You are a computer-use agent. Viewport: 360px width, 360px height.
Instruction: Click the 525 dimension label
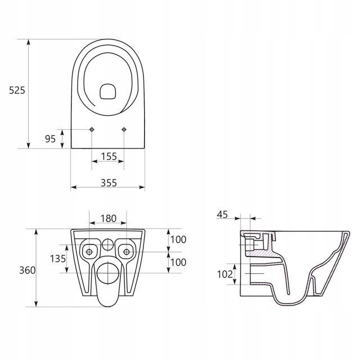click(17, 91)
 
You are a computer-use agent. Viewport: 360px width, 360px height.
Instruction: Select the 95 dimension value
click(50, 139)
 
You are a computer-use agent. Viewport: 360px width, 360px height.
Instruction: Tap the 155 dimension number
click(109, 156)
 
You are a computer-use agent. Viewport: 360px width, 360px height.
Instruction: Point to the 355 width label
click(109, 183)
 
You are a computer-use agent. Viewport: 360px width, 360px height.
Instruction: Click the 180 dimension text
click(109, 218)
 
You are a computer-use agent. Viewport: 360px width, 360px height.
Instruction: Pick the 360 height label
click(28, 270)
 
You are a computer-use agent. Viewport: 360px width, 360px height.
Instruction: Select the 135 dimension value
click(58, 259)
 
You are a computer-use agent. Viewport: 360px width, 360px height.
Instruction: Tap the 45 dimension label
click(222, 214)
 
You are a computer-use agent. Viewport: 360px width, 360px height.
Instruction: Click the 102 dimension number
click(225, 274)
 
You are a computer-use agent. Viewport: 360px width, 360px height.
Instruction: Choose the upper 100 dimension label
click(178, 240)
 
